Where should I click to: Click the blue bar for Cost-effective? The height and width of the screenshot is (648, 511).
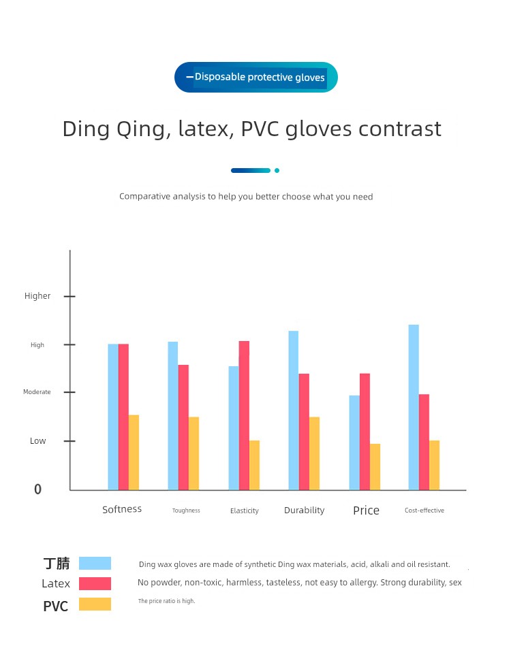pyautogui.click(x=414, y=407)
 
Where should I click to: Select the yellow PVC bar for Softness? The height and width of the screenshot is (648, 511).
pyautogui.click(x=134, y=452)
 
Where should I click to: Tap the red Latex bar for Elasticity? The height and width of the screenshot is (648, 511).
pyautogui.click(x=244, y=415)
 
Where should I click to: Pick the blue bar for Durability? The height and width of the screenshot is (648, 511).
pyautogui.click(x=293, y=410)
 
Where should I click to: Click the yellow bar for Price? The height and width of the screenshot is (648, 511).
pyautogui.click(x=375, y=466)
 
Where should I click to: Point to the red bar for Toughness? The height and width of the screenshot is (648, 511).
pyautogui.click(x=183, y=427)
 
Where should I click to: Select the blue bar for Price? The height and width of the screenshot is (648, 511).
pyautogui.click(x=354, y=442)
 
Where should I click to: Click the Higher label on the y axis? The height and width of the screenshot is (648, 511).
pyautogui.click(x=37, y=296)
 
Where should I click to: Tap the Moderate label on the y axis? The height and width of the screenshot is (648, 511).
pyautogui.click(x=37, y=392)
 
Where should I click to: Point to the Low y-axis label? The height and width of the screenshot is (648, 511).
pyautogui.click(x=38, y=441)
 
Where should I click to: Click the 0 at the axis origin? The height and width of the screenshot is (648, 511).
pyautogui.click(x=38, y=489)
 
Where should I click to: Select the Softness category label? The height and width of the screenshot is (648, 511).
pyautogui.click(x=122, y=509)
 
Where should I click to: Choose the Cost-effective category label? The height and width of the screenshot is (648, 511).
pyautogui.click(x=424, y=511)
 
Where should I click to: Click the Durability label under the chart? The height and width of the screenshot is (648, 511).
pyautogui.click(x=304, y=510)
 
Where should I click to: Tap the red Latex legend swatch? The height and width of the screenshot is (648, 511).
pyautogui.click(x=95, y=583)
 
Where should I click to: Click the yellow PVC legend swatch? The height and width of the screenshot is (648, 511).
pyautogui.click(x=95, y=604)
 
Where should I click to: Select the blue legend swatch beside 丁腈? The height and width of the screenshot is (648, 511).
pyautogui.click(x=95, y=563)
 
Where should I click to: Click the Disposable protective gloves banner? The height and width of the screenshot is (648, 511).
pyautogui.click(x=255, y=78)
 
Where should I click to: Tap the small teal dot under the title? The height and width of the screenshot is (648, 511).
pyautogui.click(x=277, y=170)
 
